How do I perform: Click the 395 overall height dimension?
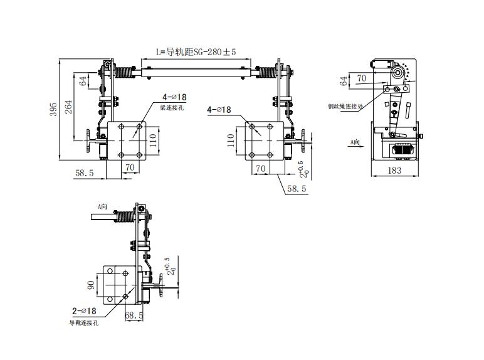point(53,109)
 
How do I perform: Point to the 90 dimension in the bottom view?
point(91,285)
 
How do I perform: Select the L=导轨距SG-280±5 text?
point(196,53)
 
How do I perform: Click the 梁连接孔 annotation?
point(172,108)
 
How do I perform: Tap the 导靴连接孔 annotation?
point(83,323)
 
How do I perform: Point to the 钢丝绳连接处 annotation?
point(345,107)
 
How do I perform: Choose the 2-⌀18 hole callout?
point(84,310)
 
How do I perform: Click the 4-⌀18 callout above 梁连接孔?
point(174,97)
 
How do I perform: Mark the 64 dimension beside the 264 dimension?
point(82,80)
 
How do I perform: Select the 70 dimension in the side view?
point(362,78)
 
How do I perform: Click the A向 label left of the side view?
point(354,143)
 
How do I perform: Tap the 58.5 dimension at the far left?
point(85,173)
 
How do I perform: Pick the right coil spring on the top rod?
point(266,71)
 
